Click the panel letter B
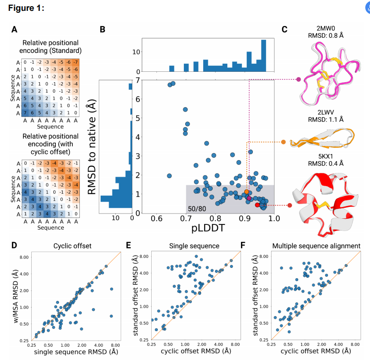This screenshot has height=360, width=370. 103,30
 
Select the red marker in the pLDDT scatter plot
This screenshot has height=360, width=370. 257,205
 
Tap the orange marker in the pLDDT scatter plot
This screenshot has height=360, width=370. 247,191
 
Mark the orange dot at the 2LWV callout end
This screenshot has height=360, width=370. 283,142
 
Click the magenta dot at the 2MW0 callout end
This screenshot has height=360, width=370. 298,79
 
